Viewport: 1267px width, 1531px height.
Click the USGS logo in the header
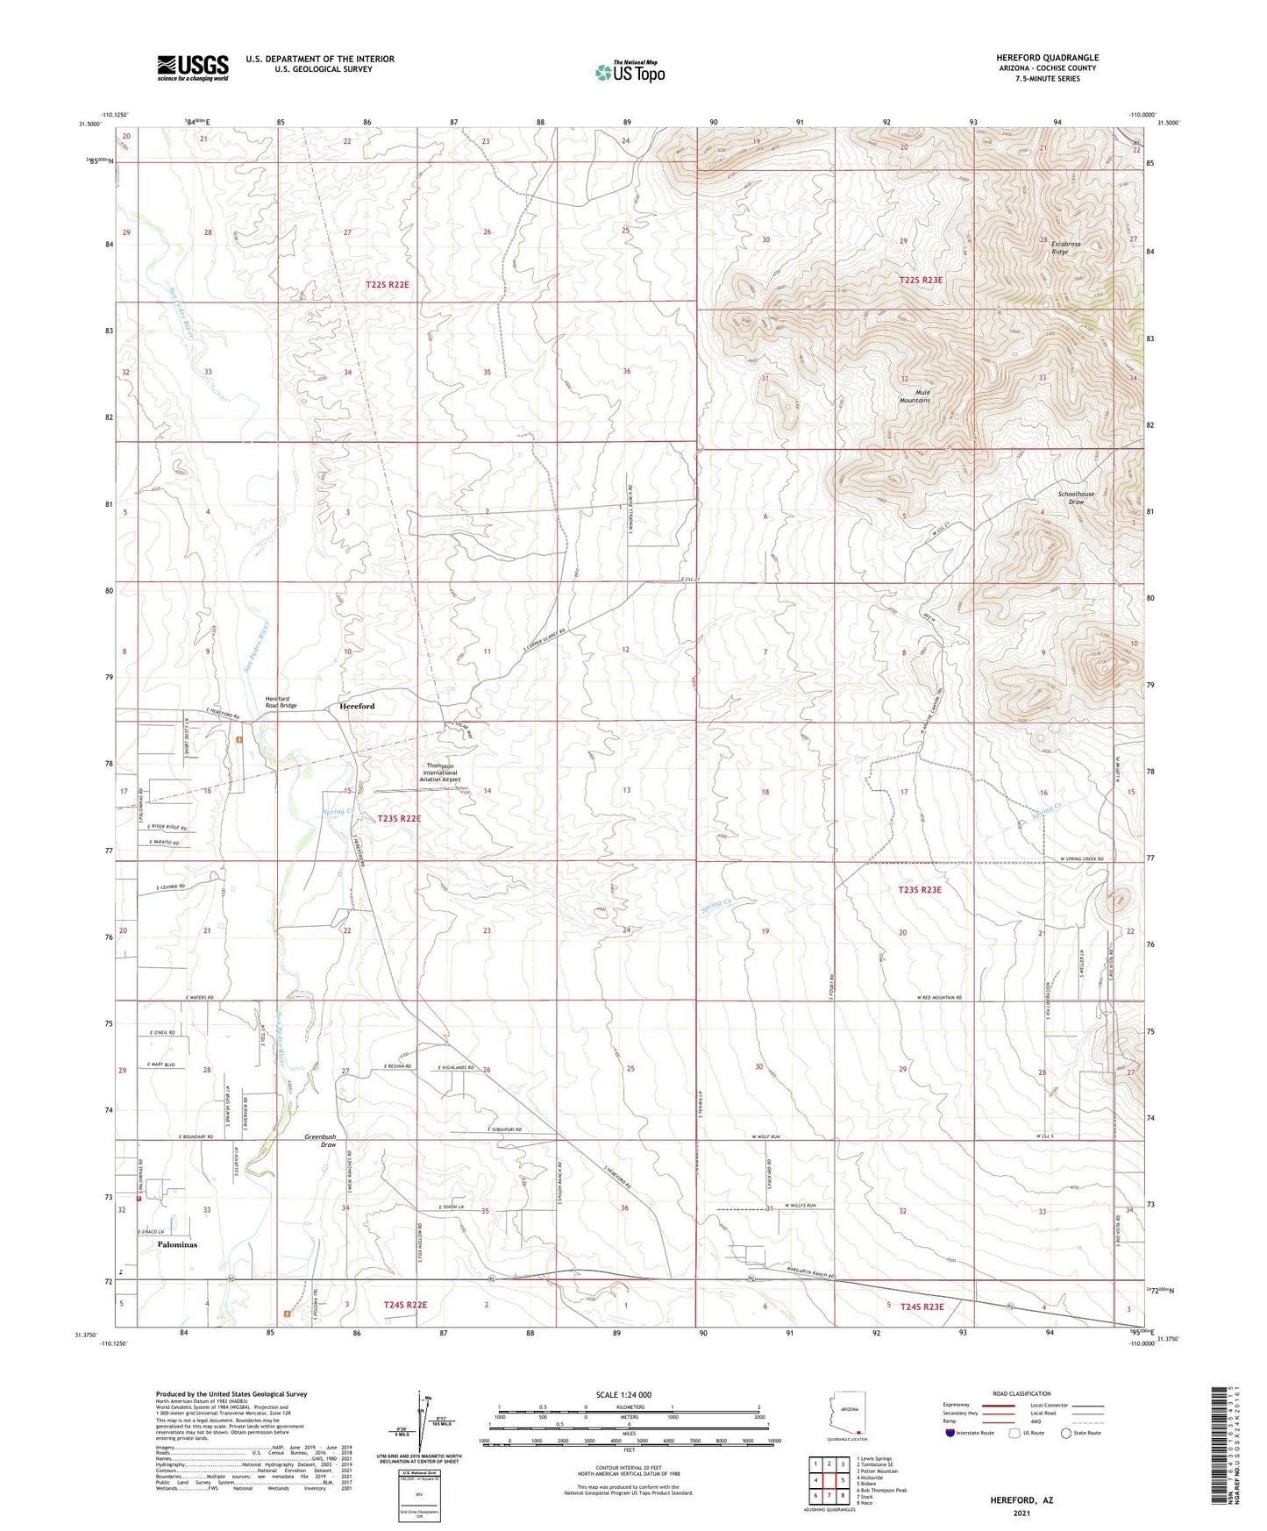click(193, 67)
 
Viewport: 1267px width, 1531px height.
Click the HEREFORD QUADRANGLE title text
click(1047, 58)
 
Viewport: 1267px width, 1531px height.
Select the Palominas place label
click(177, 1244)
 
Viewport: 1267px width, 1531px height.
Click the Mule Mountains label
click(914, 395)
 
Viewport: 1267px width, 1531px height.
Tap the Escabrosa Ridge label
click(1061, 247)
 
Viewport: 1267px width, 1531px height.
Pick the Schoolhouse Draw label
click(1077, 498)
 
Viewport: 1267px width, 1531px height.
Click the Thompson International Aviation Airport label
click(439, 772)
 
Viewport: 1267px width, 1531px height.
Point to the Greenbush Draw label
click(320, 1141)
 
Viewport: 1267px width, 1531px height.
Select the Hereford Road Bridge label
click(281, 701)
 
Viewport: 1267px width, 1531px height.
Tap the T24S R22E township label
click(405, 1305)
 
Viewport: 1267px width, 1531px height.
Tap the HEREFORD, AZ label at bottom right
click(1021, 1500)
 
